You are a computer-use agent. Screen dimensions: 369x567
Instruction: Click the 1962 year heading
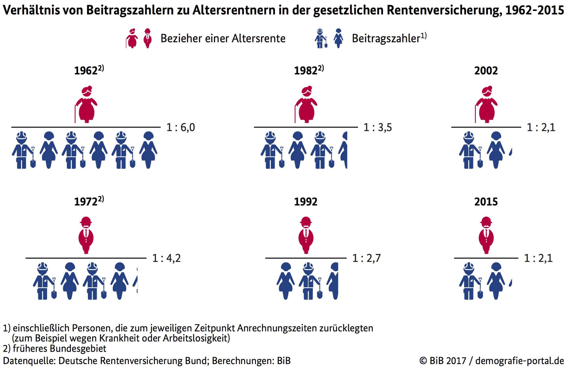(86, 71)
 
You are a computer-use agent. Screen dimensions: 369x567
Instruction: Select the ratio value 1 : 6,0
(181, 128)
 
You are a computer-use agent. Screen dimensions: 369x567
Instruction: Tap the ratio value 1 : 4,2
(166, 258)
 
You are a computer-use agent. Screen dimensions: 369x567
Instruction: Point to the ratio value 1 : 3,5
(378, 128)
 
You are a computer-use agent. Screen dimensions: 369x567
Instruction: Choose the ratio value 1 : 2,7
(366, 258)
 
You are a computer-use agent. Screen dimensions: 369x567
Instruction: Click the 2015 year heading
(486, 202)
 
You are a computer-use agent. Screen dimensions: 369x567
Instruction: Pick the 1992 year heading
(306, 202)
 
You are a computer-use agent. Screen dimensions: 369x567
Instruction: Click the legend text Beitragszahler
(386, 38)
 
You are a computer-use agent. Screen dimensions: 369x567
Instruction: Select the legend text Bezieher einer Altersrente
(223, 38)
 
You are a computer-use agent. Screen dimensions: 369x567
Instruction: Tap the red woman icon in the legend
(132, 38)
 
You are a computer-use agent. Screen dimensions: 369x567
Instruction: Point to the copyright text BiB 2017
(448, 361)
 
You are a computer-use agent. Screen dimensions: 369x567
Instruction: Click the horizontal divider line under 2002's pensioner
(486, 127)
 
